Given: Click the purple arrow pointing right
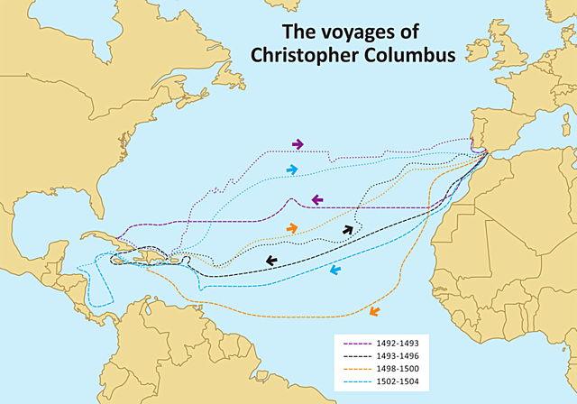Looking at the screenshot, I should pos(298,144).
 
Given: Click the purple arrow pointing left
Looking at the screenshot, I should pos(318,199).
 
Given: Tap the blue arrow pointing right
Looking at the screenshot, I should pos(291,170).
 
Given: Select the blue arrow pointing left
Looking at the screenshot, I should pos(334,270).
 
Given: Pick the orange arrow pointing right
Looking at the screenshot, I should pos(291,228).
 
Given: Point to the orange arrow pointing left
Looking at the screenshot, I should pos(373,312).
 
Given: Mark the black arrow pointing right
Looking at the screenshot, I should pos(348,230).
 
